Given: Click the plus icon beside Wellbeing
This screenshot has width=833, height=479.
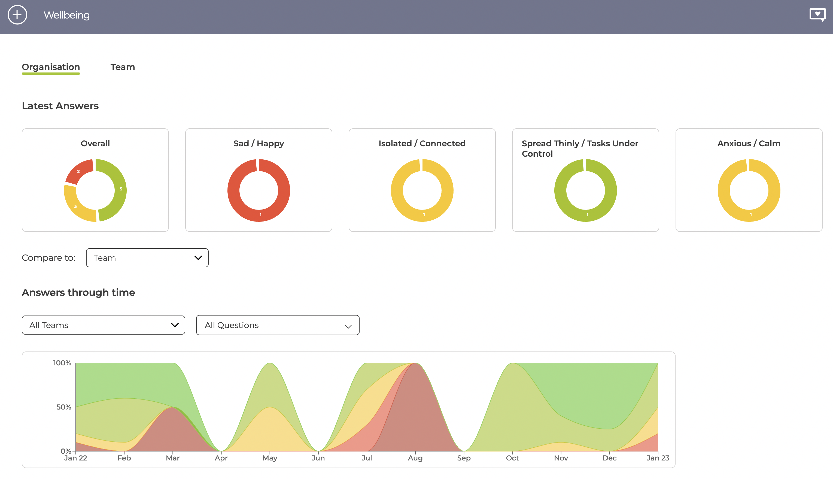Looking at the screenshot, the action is coord(17,15).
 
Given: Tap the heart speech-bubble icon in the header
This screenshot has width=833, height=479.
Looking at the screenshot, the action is coord(817,15).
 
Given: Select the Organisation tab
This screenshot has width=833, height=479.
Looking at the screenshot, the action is coord(51,67).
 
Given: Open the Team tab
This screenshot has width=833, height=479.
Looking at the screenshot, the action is coord(123,67).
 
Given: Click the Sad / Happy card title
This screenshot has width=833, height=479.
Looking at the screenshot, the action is coord(259,143).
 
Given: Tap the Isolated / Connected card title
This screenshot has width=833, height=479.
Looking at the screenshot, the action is coord(422,143).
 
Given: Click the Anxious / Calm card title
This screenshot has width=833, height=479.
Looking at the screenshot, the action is coord(749,143).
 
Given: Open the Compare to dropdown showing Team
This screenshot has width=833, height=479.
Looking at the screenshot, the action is coord(147,257).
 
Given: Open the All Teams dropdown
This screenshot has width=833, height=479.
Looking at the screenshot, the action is coord(103,325).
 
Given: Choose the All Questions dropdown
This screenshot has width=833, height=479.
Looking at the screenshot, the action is coord(278,325).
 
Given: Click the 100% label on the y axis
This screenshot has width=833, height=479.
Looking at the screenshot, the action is coord(62,363).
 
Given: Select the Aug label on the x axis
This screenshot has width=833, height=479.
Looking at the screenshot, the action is coord(415,458).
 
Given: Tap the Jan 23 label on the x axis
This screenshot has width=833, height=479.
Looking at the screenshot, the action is coord(658,458).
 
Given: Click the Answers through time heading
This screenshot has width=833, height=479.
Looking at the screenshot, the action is coord(78,292).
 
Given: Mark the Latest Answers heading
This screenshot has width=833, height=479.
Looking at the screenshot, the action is coord(60,106).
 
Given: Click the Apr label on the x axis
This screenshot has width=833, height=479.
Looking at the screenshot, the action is coord(221,458).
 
